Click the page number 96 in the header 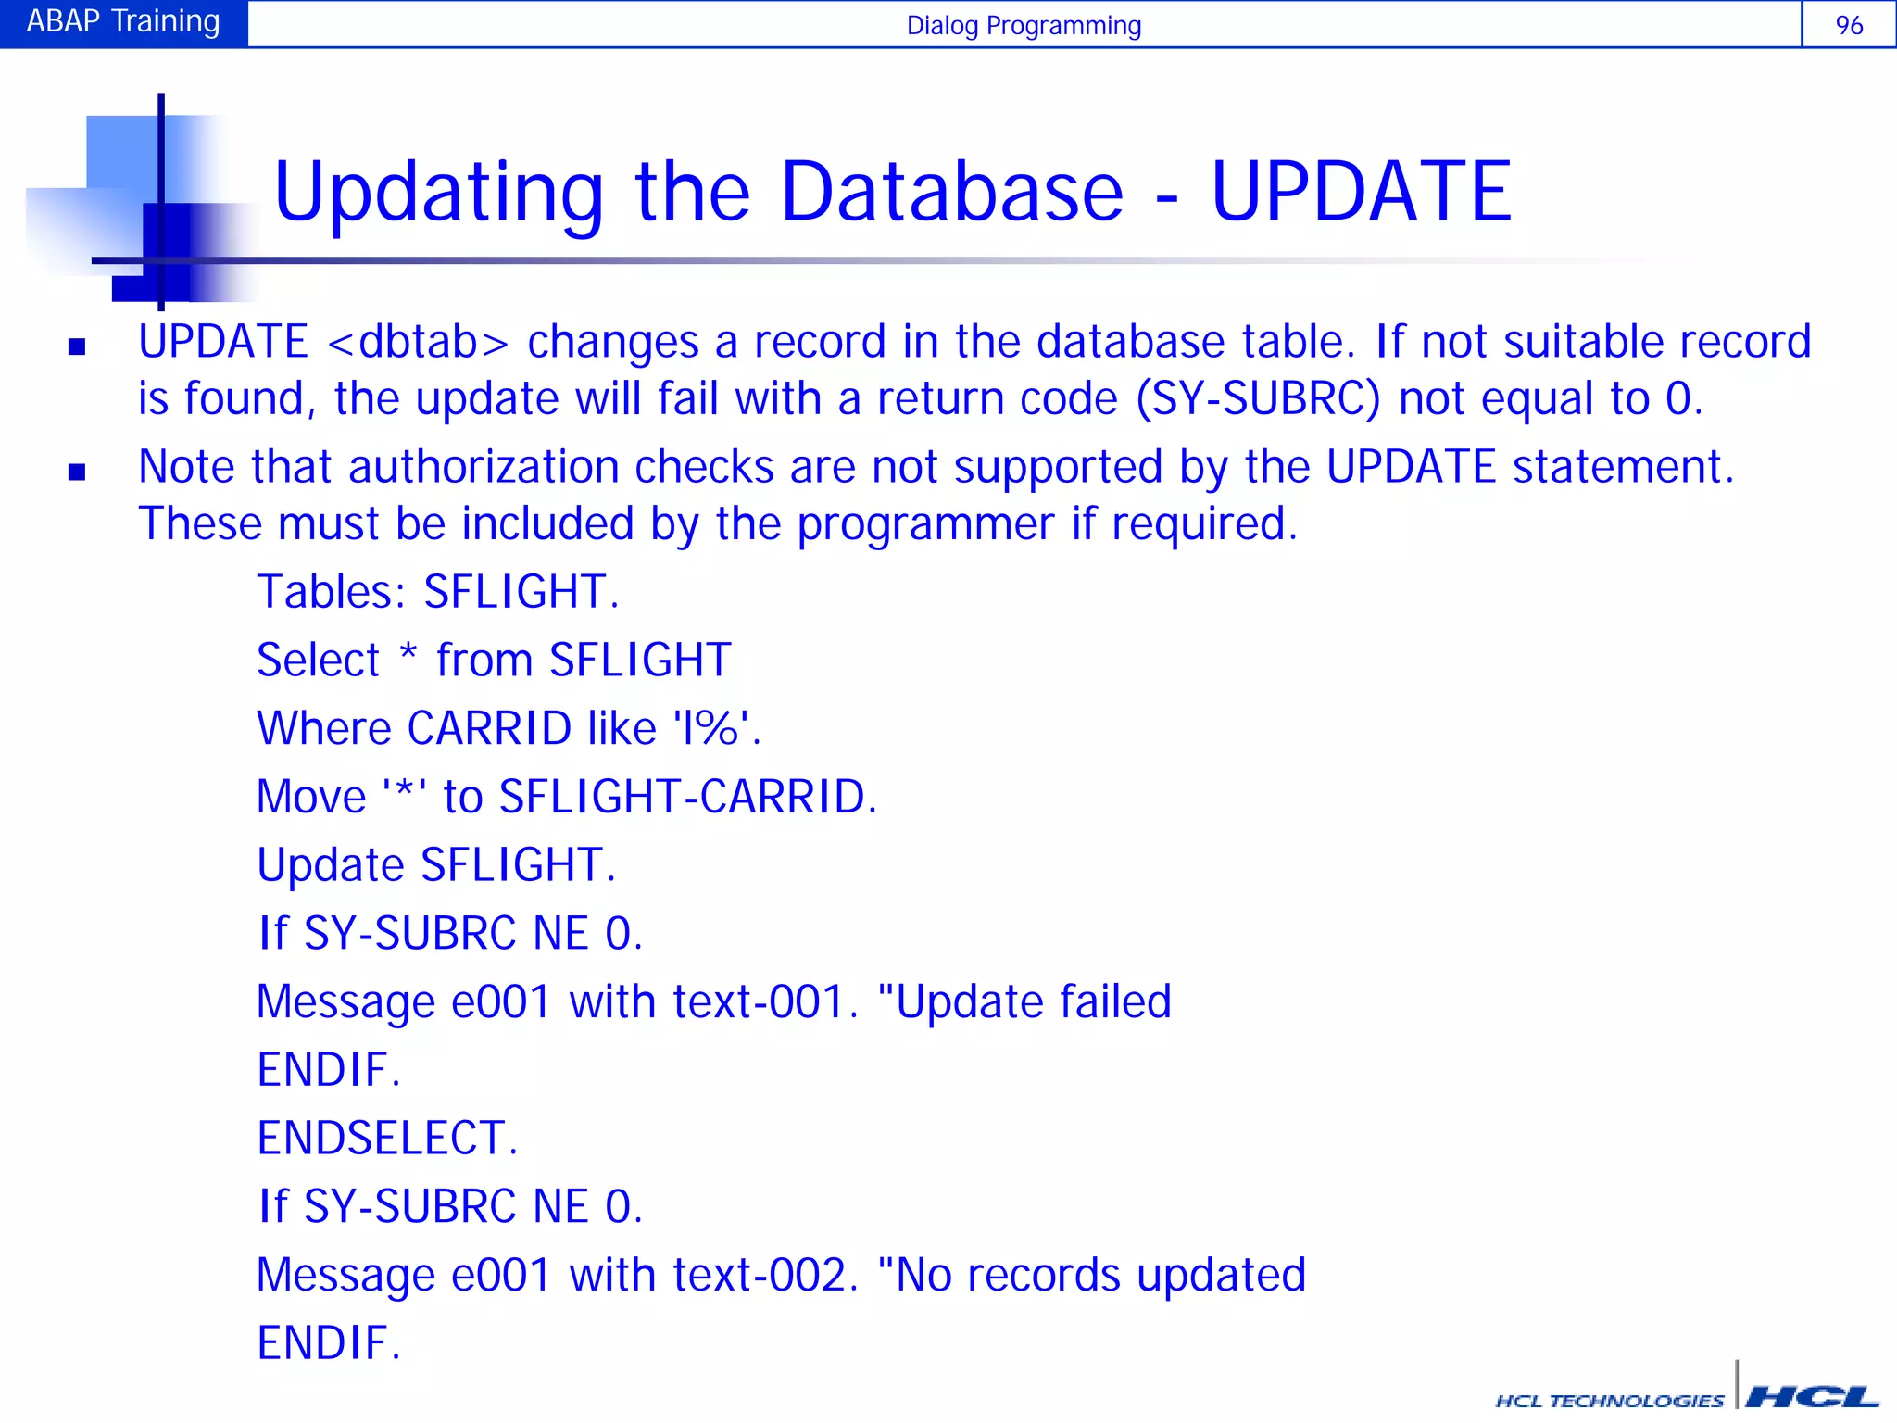(x=1848, y=25)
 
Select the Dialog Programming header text (x=1024, y=26)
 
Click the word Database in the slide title (x=951, y=192)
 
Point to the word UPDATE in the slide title (x=1361, y=192)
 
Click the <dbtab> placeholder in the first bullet (x=418, y=343)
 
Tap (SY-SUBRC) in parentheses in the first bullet (x=1258, y=399)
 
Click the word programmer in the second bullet (x=925, y=524)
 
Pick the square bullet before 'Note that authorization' (x=77, y=472)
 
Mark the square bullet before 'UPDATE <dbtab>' (x=77, y=347)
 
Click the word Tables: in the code (x=332, y=592)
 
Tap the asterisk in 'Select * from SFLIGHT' (x=408, y=654)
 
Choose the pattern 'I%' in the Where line (x=710, y=728)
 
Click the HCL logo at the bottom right (x=1812, y=1396)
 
